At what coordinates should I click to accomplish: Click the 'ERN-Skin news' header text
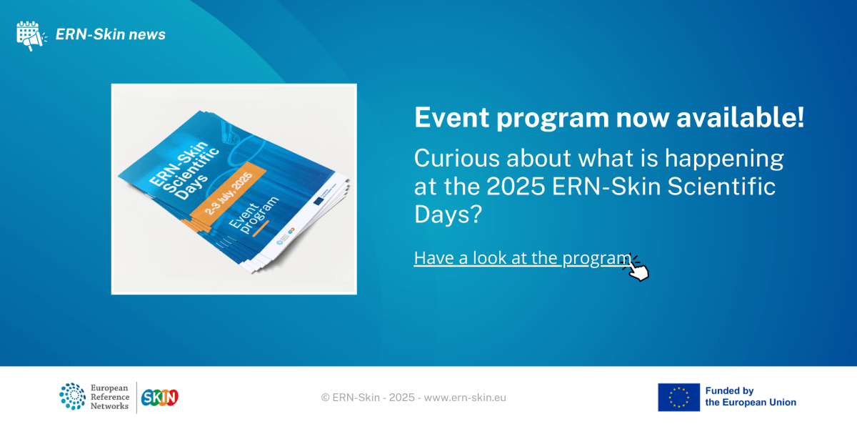[111, 34]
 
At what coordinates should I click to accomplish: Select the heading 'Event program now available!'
[608, 118]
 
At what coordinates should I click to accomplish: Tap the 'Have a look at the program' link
[522, 258]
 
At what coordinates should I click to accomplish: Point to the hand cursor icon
[637, 270]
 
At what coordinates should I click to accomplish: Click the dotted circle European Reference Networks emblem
[72, 397]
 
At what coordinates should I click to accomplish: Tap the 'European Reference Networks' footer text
[109, 397]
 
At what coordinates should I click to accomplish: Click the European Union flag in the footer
[678, 397]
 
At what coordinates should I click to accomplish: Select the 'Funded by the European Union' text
[750, 397]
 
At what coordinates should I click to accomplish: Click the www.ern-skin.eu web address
[465, 398]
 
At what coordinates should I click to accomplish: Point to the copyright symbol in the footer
[325, 398]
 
